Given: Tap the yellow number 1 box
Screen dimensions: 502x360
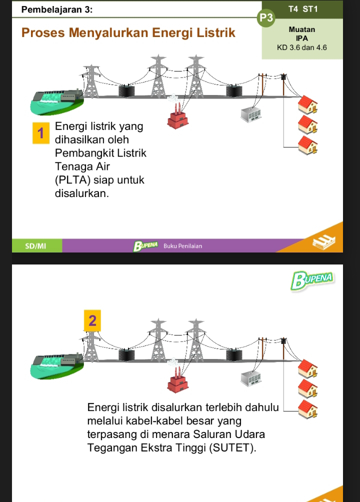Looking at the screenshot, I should point(40,133).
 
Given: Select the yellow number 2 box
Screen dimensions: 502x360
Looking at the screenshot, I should point(91,320).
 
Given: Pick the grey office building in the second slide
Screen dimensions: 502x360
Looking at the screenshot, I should point(251,378).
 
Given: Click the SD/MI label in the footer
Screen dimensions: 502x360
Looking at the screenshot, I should point(34,246).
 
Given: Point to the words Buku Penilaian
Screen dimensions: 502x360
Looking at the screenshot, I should point(183,246).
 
